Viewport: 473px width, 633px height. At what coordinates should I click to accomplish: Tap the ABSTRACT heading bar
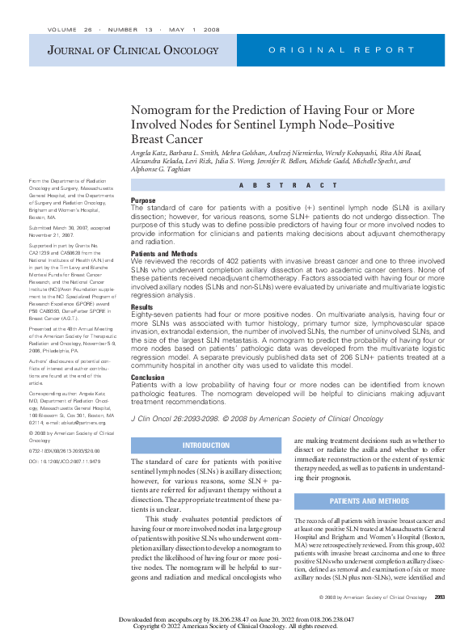[288, 185]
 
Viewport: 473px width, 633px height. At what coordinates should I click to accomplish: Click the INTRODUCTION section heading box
[206, 445]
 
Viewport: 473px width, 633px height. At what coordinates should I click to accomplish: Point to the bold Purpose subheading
[143, 200]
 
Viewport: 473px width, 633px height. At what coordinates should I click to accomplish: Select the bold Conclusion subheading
[148, 377]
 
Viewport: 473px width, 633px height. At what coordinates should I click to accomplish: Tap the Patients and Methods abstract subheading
[165, 253]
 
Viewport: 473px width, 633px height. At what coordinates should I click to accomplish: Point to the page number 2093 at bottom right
[439, 597]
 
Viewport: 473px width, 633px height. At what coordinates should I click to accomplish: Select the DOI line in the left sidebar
[65, 462]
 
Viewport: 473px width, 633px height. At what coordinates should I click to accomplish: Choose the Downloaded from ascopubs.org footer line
[236, 618]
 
